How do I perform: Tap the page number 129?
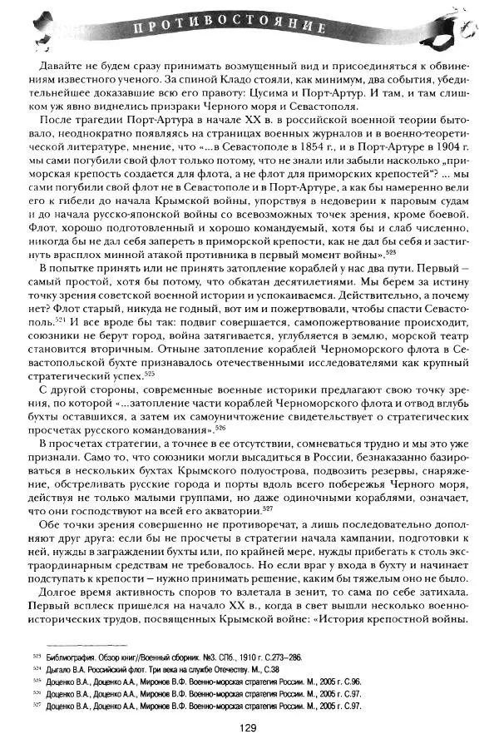(249, 727)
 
